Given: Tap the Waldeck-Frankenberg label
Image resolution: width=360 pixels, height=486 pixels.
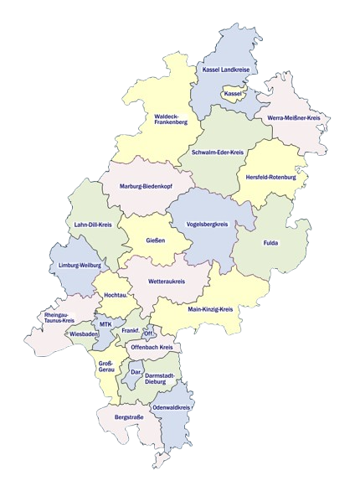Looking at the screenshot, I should pyautogui.click(x=171, y=119).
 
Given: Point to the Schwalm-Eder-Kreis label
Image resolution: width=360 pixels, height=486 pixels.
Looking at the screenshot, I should pyautogui.click(x=217, y=152).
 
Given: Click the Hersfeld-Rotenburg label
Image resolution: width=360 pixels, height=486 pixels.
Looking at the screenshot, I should pyautogui.click(x=271, y=178).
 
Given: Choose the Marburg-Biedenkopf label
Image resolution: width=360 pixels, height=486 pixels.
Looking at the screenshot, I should pyautogui.click(x=146, y=185).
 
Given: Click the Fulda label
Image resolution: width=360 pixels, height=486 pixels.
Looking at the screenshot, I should pyautogui.click(x=270, y=244).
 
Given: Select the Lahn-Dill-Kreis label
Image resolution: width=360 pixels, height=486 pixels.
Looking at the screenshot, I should pyautogui.click(x=93, y=225).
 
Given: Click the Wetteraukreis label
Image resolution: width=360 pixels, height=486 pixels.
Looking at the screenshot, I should pyautogui.click(x=166, y=282).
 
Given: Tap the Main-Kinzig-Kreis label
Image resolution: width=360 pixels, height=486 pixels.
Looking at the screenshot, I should pyautogui.click(x=210, y=309).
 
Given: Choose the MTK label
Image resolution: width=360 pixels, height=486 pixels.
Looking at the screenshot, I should pyautogui.click(x=105, y=323).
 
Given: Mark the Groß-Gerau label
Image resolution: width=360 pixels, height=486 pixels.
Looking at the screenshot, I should pyautogui.click(x=105, y=368).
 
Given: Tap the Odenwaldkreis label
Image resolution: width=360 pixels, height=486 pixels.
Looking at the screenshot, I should pyautogui.click(x=172, y=407).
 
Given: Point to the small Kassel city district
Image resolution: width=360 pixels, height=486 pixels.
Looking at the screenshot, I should pyautogui.click(x=233, y=94).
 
